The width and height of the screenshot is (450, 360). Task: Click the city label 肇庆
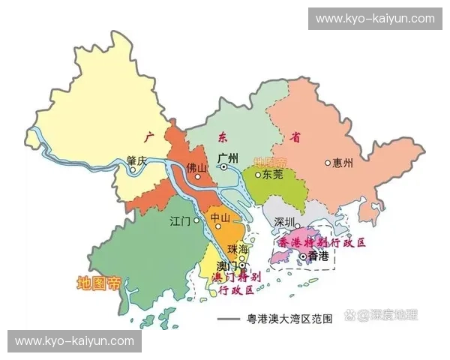(139, 159)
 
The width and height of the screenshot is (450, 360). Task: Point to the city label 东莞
(272, 175)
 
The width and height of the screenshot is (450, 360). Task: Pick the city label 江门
(181, 221)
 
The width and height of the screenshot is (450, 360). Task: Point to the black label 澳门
(226, 265)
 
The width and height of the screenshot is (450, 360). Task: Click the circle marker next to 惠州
(328, 162)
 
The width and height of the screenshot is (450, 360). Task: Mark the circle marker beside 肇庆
(133, 170)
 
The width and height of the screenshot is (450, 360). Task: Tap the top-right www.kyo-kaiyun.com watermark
(375, 18)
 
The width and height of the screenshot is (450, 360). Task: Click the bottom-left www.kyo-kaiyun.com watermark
(74, 341)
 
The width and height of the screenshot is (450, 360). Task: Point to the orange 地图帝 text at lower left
(98, 283)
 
